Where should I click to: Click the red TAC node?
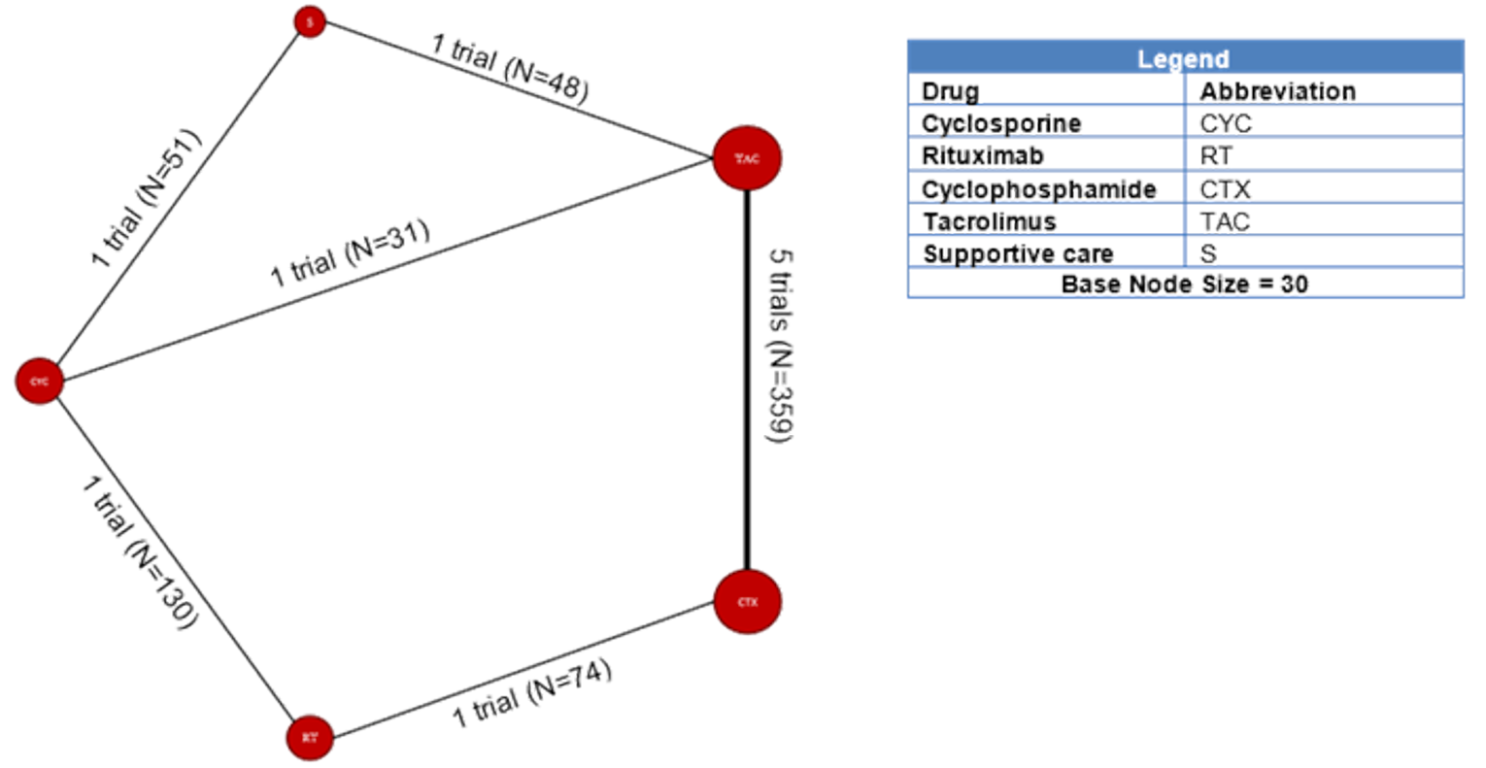tap(746, 158)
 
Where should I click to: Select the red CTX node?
tap(746, 602)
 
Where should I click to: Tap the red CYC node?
tap(39, 382)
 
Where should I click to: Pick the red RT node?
tap(309, 738)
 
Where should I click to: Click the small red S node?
tap(310, 22)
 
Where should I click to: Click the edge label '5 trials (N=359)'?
tap(781, 346)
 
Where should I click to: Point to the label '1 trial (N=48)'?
tap(510, 68)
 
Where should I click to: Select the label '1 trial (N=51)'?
tap(146, 198)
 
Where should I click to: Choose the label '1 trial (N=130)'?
tap(140, 551)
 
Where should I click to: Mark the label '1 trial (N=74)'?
tap(532, 693)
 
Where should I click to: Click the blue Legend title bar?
tap(1184, 57)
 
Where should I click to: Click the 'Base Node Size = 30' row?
tap(1184, 284)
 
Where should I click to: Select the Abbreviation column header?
tap(1277, 91)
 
